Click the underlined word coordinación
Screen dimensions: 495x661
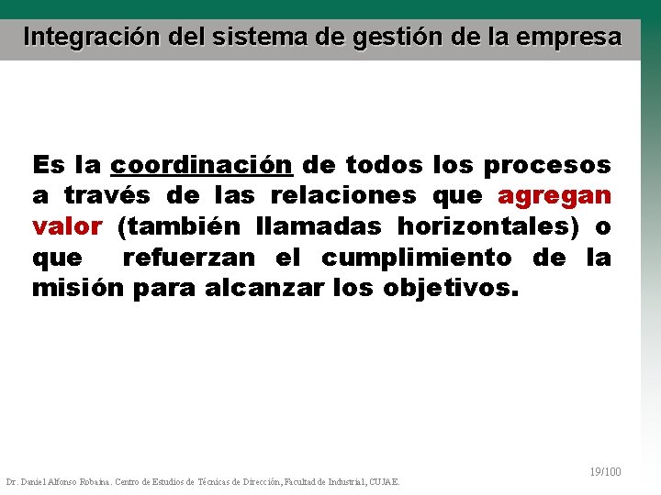(x=201, y=165)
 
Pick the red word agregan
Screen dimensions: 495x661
(x=554, y=196)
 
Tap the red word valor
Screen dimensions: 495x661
(x=67, y=226)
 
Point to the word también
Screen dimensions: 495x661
(x=181, y=226)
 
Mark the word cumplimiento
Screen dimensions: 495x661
(x=417, y=258)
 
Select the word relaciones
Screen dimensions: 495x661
(x=345, y=196)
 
